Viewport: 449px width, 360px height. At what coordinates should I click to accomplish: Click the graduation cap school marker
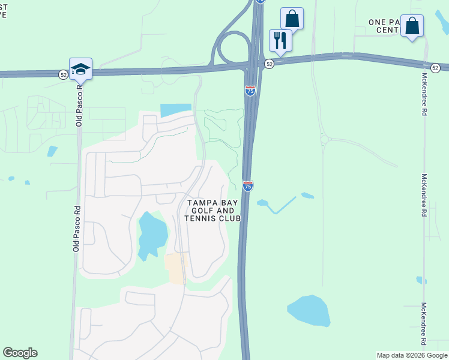tap(80, 68)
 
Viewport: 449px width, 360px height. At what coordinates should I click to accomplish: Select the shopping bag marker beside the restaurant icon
tap(292, 19)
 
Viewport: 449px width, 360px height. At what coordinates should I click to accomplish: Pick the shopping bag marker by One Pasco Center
tap(412, 26)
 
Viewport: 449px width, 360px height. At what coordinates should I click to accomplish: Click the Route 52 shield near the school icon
tap(64, 74)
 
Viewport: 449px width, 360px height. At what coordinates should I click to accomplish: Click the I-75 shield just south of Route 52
tap(250, 91)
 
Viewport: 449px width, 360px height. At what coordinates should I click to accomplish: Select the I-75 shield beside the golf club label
tap(248, 186)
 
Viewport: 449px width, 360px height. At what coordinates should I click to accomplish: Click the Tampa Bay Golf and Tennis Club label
tap(214, 211)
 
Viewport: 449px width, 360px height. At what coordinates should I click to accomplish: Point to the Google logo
tap(20, 353)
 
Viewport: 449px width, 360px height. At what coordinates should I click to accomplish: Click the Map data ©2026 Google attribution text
tap(411, 355)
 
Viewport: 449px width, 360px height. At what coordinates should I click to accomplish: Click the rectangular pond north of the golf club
tap(176, 110)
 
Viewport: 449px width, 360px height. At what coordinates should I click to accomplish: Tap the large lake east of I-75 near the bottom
tap(309, 311)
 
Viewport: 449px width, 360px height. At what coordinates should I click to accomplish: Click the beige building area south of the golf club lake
tap(176, 268)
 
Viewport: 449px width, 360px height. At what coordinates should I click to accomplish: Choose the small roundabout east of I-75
tap(325, 140)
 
